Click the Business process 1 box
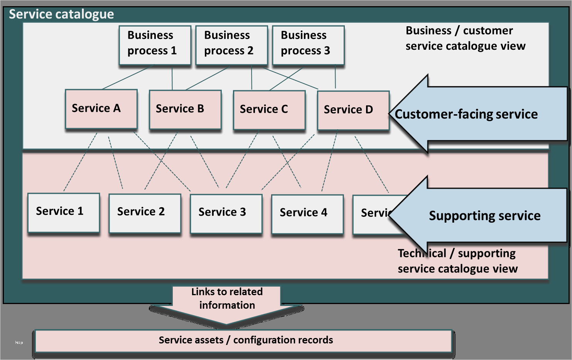pyautogui.click(x=155, y=45)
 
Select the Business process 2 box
pyautogui.click(x=231, y=45)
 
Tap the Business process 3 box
pyautogui.click(x=308, y=45)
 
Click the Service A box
pyautogui.click(x=101, y=109)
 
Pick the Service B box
pyautogui.click(x=185, y=110)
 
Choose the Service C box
pyautogui.click(x=269, y=110)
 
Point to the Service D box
pyautogui.click(x=353, y=110)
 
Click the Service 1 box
pyautogui.click(x=64, y=213)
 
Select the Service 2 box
pyautogui.click(x=145, y=213)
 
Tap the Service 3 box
pyautogui.click(x=226, y=213)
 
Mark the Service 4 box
pyautogui.click(x=307, y=214)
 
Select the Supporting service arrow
pyautogui.click(x=482, y=215)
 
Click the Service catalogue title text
pyautogui.click(x=61, y=14)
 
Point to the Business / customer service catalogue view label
pyautogui.click(x=465, y=38)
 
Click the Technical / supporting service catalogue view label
pyautogui.click(x=457, y=261)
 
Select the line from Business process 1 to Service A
pyautogui.click(x=127, y=78)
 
